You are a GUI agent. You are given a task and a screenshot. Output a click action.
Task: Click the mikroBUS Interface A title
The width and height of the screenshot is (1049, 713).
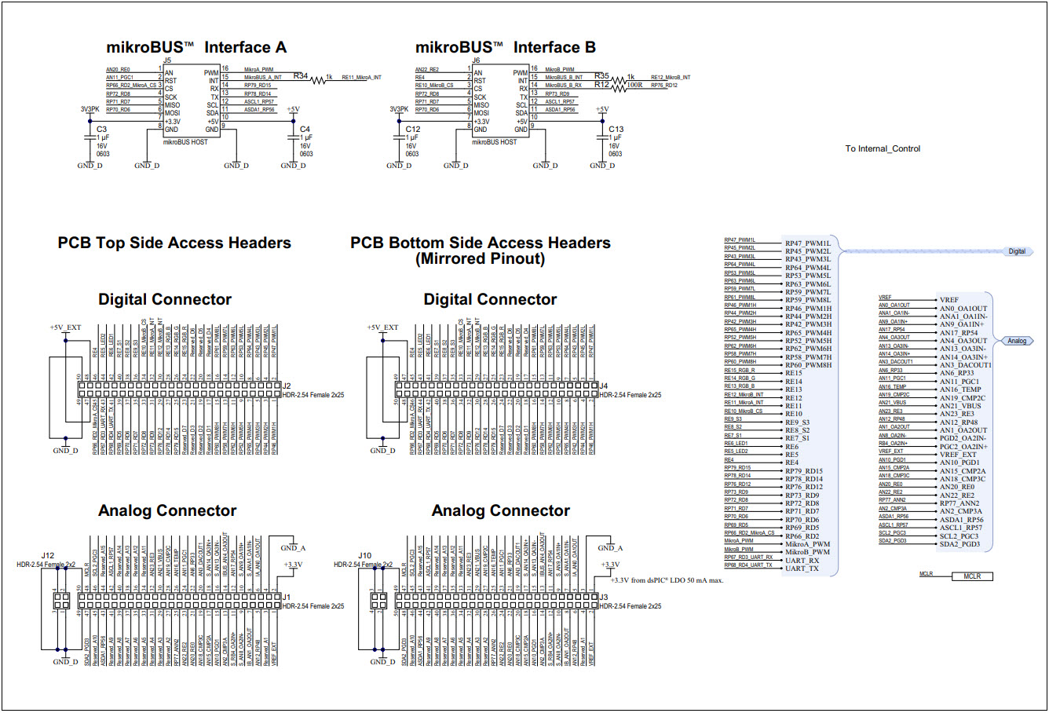pyautogui.click(x=196, y=48)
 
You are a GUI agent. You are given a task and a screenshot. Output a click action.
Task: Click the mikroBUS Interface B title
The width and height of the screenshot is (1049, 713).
pyautogui.click(x=505, y=48)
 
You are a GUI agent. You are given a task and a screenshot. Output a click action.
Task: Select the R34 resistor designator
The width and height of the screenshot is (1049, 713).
pyautogui.click(x=301, y=76)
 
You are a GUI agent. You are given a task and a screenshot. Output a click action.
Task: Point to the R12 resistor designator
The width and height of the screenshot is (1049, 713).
pyautogui.click(x=601, y=85)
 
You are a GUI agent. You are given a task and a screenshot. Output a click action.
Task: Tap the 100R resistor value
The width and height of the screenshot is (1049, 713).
pyautogui.click(x=634, y=86)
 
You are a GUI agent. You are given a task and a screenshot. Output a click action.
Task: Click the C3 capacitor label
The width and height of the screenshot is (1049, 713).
pyautogui.click(x=102, y=130)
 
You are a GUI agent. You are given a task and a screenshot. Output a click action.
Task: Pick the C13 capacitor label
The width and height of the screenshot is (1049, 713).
pyautogui.click(x=616, y=130)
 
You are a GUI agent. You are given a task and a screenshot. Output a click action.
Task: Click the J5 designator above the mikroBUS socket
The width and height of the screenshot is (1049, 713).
pyautogui.click(x=167, y=60)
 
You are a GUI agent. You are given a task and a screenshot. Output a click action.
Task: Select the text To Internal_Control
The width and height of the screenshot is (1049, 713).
pyautogui.click(x=883, y=148)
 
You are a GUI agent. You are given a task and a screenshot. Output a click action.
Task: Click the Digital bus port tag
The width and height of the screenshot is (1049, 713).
pyautogui.click(x=1017, y=251)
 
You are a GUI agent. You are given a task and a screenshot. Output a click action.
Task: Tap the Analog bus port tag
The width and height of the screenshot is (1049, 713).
pyautogui.click(x=1017, y=341)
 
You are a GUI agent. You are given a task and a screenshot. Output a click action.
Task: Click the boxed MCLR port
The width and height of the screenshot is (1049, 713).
pyautogui.click(x=972, y=576)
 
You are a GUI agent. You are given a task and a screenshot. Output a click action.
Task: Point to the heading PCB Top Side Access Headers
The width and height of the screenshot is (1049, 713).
pyautogui.click(x=174, y=243)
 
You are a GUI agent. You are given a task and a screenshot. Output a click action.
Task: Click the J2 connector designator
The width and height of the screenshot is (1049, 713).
pyautogui.click(x=287, y=386)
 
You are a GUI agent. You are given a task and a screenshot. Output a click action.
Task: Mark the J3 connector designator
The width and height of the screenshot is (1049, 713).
pyautogui.click(x=604, y=598)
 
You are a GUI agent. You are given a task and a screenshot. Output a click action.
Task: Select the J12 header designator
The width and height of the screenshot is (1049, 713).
pyautogui.click(x=48, y=556)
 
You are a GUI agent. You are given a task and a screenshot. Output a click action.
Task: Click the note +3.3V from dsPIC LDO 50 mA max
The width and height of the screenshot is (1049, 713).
pyautogui.click(x=667, y=580)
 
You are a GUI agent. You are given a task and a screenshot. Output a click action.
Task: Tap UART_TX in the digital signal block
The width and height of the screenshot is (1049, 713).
pyautogui.click(x=802, y=569)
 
